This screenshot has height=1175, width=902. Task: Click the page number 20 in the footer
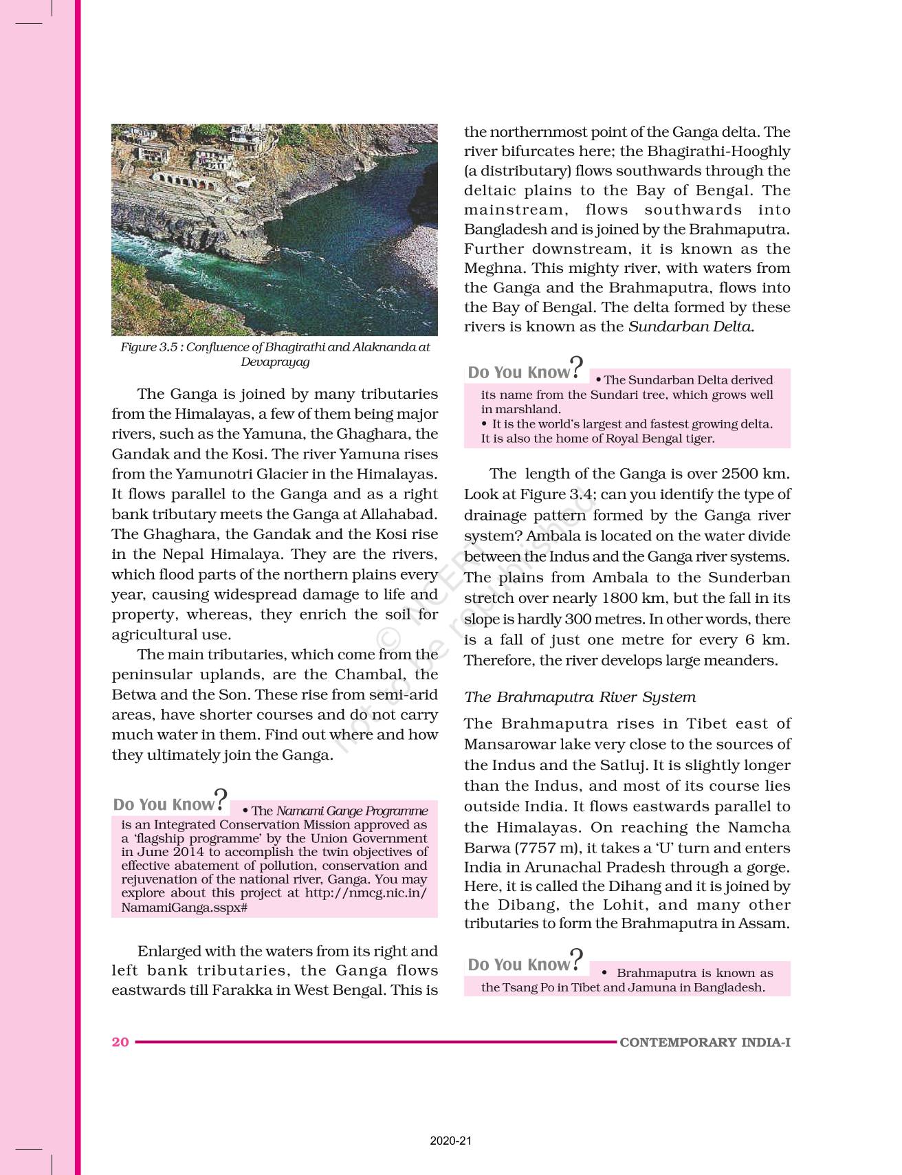pos(120,1042)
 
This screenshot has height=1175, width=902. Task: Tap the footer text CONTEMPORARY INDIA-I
pos(705,1042)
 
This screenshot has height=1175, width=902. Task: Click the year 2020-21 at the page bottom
pos(451,1141)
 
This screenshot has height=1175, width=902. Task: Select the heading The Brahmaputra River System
pos(580,697)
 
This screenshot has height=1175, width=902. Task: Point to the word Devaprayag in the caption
pos(275,362)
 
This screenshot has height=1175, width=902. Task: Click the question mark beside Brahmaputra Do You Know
pos(577,958)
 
